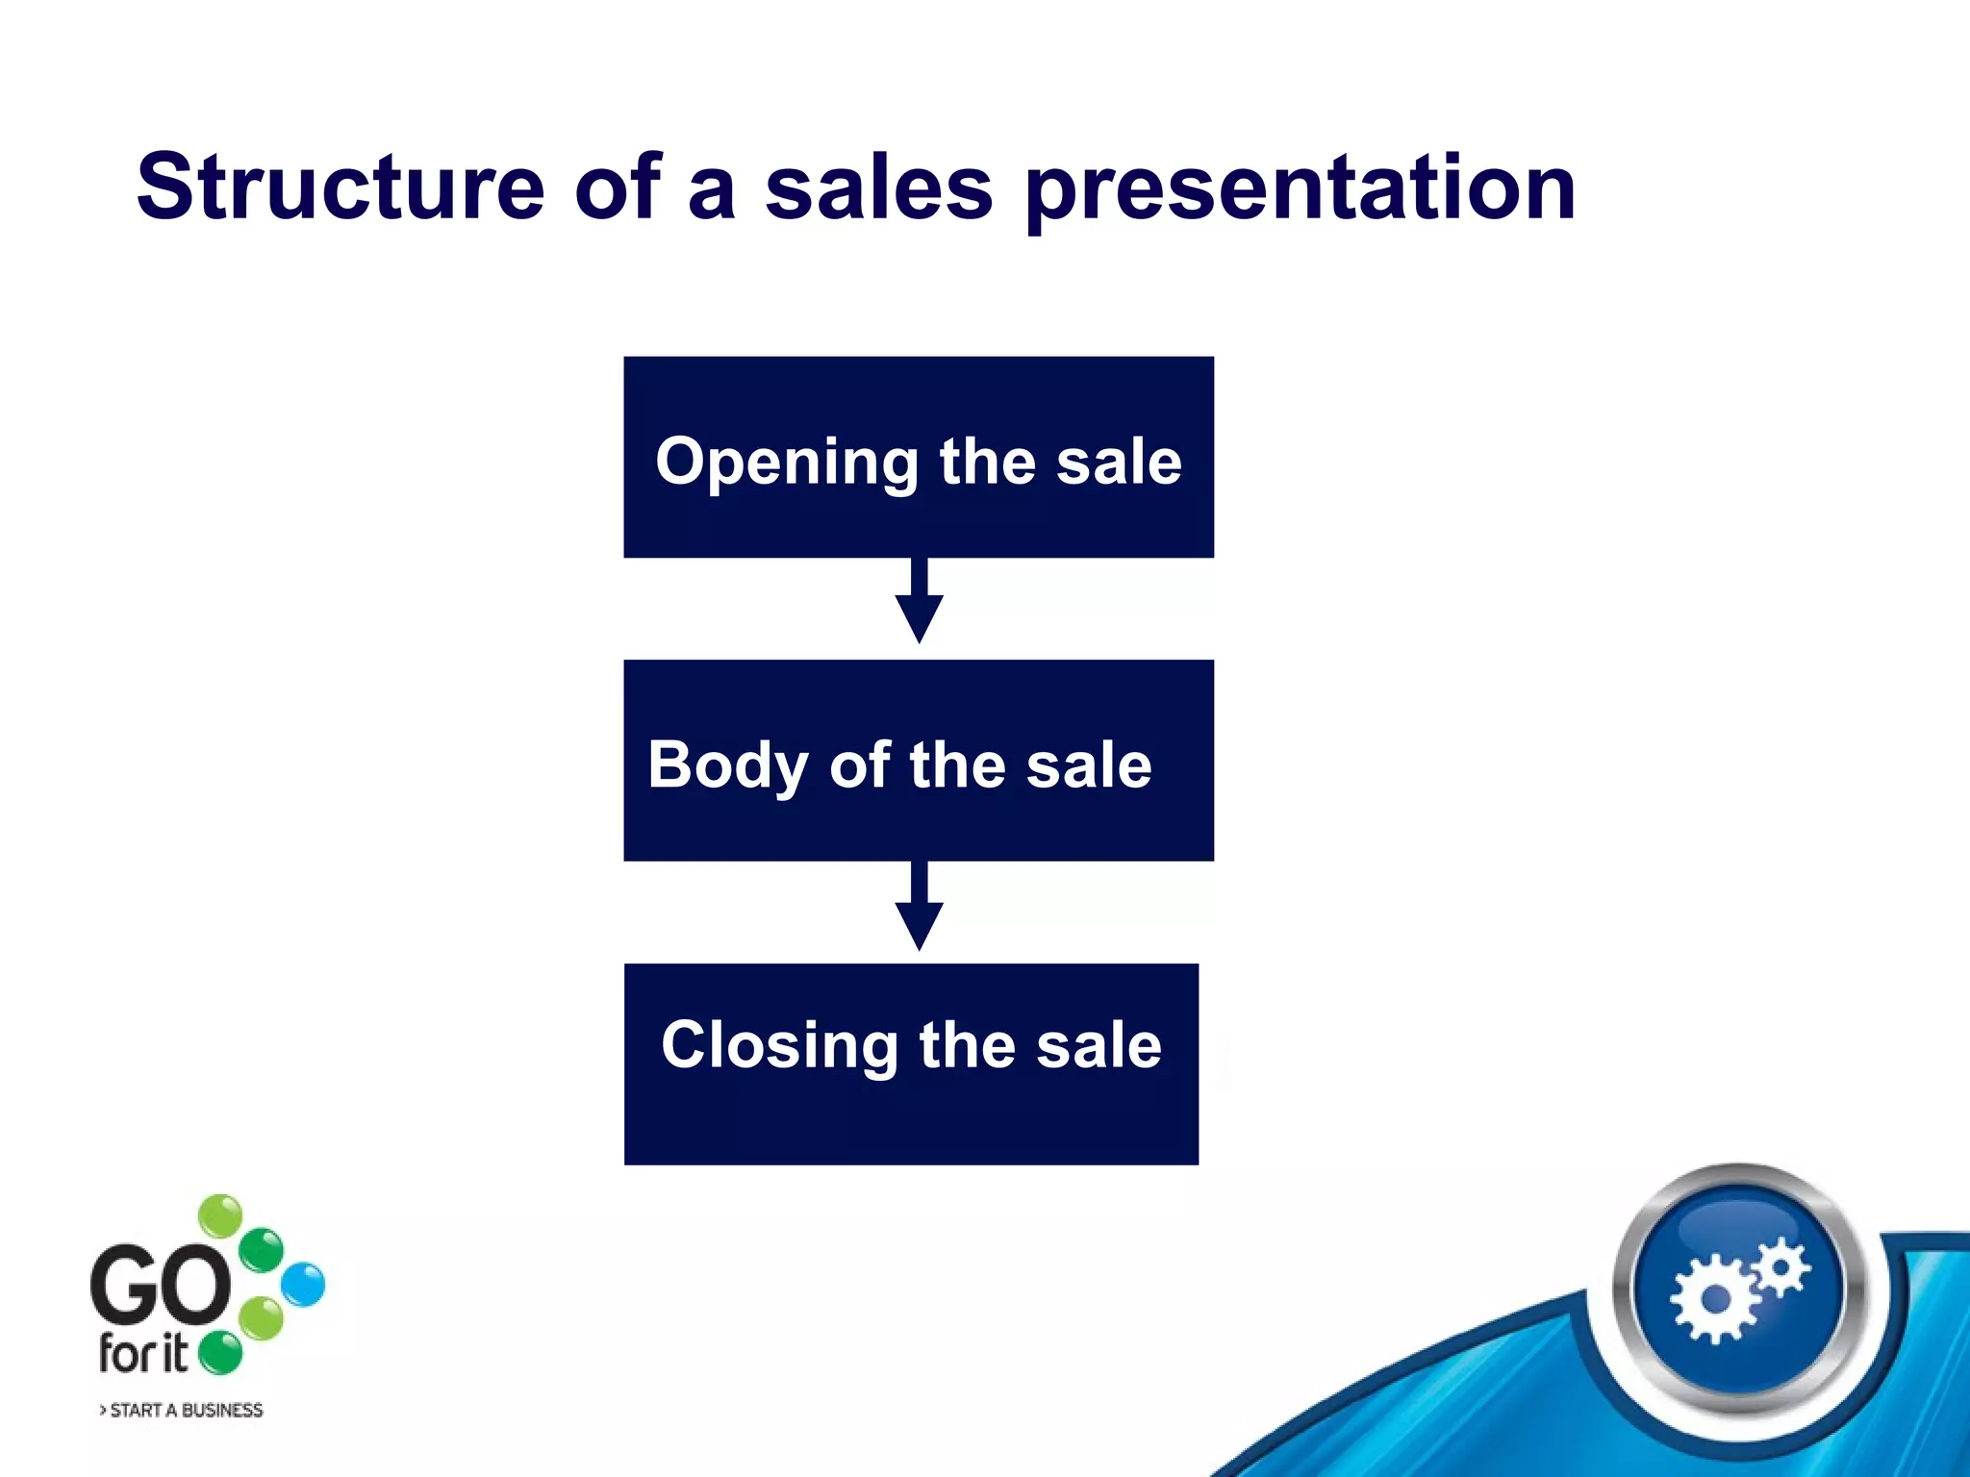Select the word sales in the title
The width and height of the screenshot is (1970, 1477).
pos(878,188)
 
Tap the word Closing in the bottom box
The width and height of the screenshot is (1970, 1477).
pos(779,1046)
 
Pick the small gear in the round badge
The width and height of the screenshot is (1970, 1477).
pos(1781,1267)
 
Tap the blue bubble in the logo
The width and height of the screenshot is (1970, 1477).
pos(304,1285)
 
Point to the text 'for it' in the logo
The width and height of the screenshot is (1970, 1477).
pos(143,1354)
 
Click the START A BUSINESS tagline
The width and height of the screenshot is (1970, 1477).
pos(182,1411)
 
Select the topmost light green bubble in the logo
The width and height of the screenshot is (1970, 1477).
pos(221,1215)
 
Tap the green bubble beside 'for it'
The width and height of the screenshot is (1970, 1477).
pos(221,1353)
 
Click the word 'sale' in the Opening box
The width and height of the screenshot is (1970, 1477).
pos(1119,462)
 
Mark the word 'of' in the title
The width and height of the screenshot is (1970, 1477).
pos(617,188)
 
